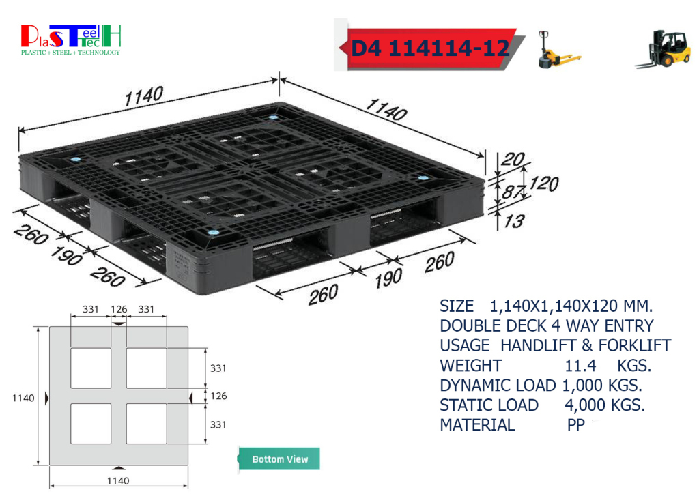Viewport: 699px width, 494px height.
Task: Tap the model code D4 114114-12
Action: click(x=430, y=48)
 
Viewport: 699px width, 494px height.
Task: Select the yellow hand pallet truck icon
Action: click(x=558, y=49)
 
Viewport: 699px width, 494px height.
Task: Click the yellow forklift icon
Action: click(x=663, y=49)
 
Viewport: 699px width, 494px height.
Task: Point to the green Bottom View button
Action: click(x=279, y=459)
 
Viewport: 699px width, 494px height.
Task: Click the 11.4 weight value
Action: click(x=580, y=366)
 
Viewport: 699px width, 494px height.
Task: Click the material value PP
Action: click(x=575, y=425)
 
